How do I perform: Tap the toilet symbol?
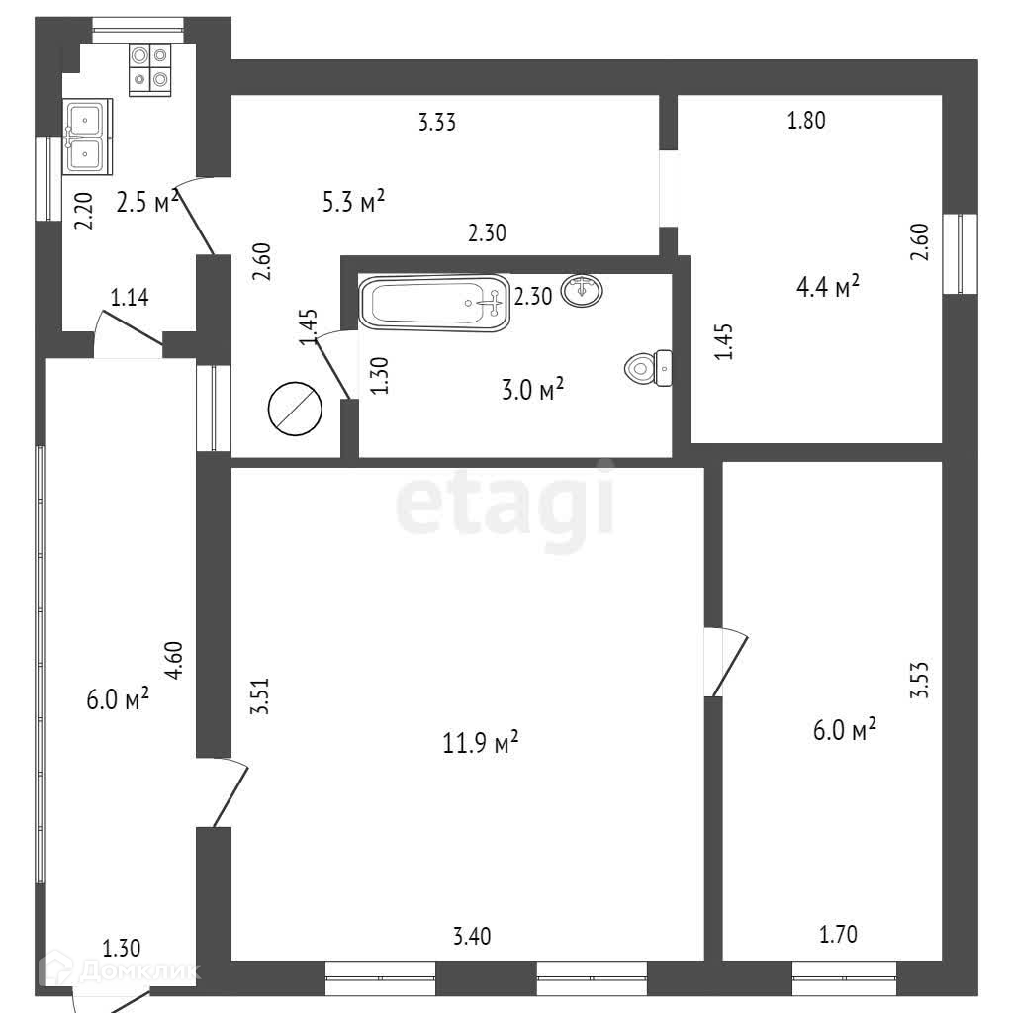point(649,369)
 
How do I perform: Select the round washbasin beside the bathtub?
point(582,291)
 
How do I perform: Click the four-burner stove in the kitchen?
point(150,68)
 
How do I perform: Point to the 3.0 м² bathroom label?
point(531,390)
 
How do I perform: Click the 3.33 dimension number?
point(436,123)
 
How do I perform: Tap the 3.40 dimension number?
point(472,935)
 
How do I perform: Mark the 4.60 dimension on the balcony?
point(174,660)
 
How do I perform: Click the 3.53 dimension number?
point(920,680)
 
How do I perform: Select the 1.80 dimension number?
point(805,122)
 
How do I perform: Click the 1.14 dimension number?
point(130,296)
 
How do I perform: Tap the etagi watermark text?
point(506,504)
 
